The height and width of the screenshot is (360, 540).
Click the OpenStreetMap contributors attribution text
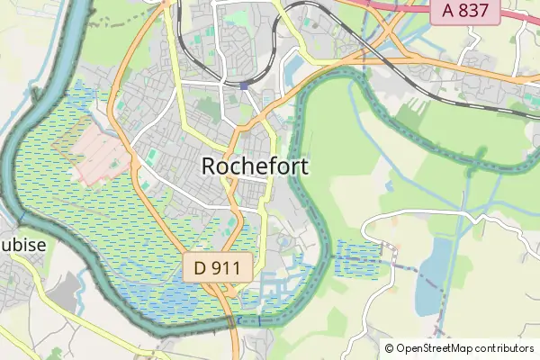point(459,348)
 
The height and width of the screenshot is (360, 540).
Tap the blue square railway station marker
point(245,85)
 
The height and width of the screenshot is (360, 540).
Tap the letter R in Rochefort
point(210,166)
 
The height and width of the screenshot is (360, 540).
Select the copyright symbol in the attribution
point(390,348)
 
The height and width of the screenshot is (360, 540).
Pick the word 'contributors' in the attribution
point(502,348)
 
